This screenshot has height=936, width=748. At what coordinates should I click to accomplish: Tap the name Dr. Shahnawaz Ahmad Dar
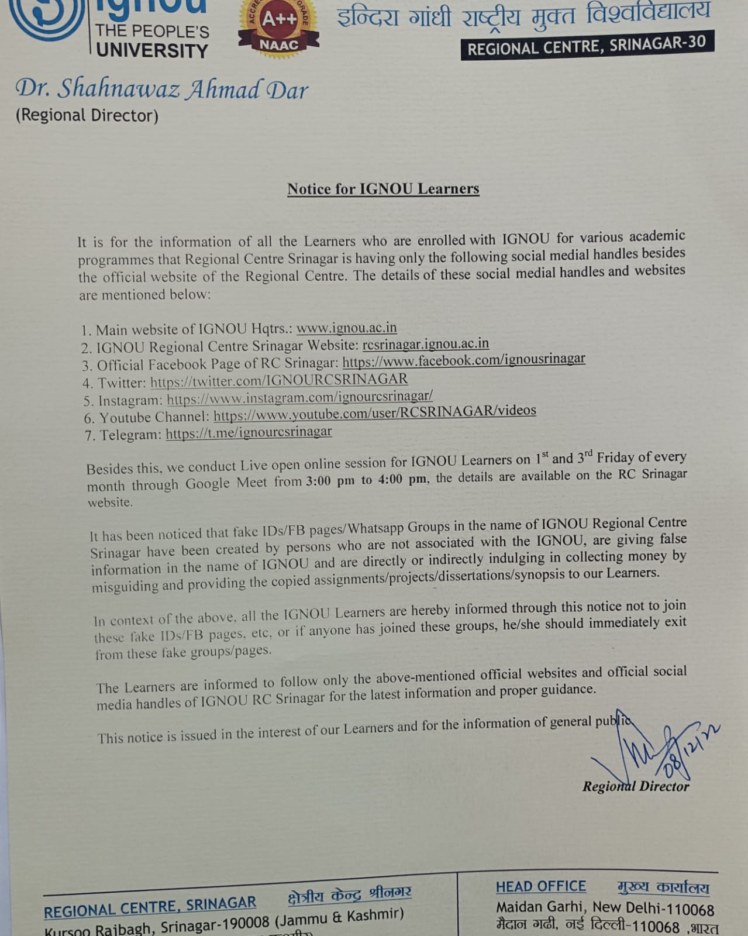161,90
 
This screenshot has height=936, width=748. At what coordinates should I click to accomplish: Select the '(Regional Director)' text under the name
87,115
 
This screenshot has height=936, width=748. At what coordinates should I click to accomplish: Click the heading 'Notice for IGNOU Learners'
383,188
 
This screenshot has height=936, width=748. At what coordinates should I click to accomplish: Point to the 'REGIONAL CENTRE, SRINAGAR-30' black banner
587,46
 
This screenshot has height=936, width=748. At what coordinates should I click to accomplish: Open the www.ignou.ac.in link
347,328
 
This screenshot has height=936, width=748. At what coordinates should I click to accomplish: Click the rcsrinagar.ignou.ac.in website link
425,344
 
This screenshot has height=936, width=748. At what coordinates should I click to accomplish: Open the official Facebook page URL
463,360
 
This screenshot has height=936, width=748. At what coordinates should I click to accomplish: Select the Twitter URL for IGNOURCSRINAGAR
279,381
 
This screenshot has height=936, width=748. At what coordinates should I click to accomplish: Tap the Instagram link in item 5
299,398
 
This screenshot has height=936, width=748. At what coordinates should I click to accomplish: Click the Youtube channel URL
374,412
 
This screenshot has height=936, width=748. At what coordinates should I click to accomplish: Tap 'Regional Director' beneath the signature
636,786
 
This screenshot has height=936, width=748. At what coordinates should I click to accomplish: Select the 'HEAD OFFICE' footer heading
540,887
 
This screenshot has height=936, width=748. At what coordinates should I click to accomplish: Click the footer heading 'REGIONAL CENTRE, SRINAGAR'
150,907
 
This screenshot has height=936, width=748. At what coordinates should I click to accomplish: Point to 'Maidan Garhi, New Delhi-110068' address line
605,908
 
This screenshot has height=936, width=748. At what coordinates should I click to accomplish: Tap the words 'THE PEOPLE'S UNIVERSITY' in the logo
152,41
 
